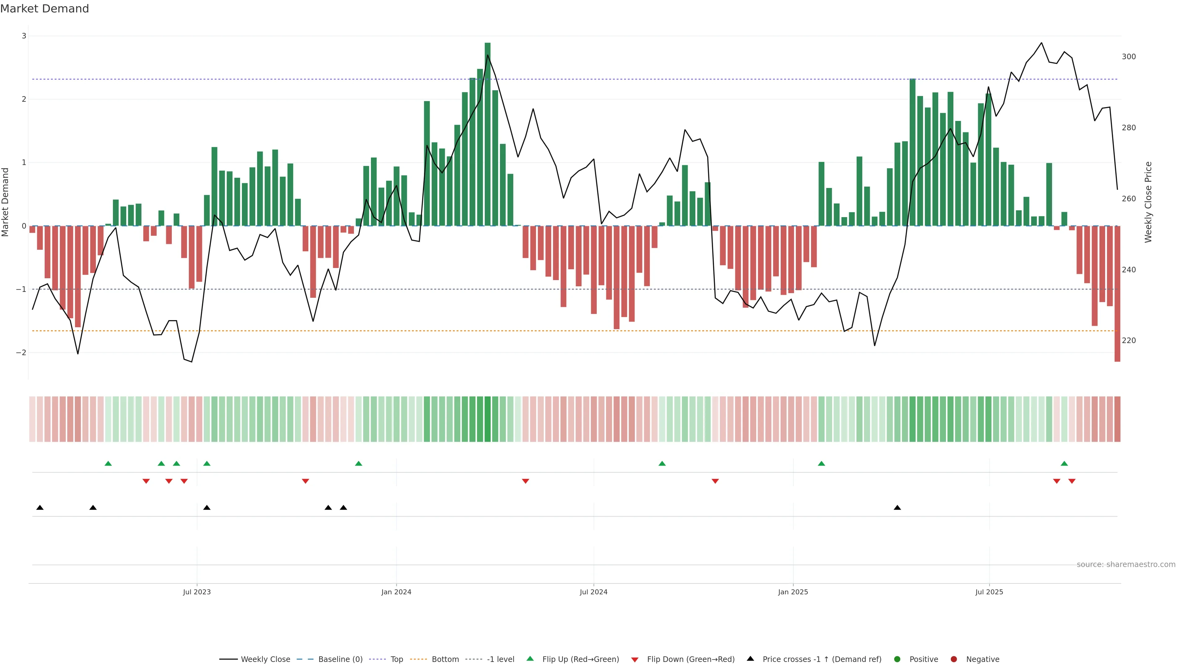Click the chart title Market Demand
click(x=44, y=9)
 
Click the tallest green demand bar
click(x=487, y=134)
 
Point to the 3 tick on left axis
click(x=24, y=36)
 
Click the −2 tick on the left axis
click(x=21, y=353)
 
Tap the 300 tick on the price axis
click(x=1129, y=57)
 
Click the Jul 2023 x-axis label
click(x=197, y=592)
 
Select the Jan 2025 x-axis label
click(x=793, y=592)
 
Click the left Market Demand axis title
click(x=6, y=202)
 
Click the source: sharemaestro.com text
click(x=1126, y=565)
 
